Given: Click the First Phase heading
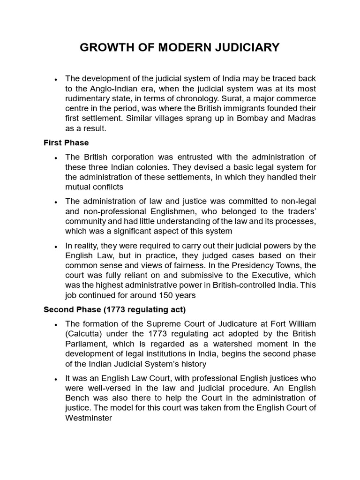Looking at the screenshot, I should coord(66,142).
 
